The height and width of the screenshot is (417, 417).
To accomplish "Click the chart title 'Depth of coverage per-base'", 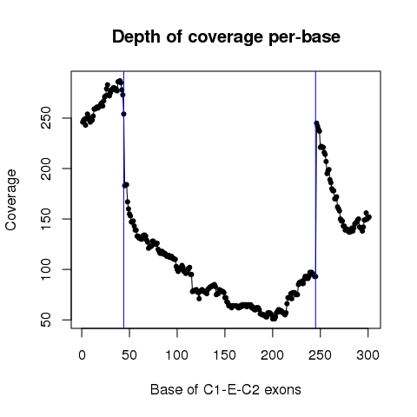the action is point(226,37).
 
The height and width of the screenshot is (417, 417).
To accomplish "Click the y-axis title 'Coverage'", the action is point(10,200).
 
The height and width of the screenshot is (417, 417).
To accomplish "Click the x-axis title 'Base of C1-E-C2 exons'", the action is point(226,389).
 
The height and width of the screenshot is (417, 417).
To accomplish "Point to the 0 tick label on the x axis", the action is point(82,355).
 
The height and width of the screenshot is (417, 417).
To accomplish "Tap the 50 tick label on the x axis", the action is point(129,355).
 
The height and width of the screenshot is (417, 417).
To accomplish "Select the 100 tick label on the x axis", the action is point(177,355).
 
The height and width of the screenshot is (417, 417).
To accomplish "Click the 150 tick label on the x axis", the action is point(225,355).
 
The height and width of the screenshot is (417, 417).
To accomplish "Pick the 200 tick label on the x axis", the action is point(272,355).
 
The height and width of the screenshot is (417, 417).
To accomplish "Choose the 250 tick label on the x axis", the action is point(320,355).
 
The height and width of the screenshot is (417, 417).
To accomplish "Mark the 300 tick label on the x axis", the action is point(367,355).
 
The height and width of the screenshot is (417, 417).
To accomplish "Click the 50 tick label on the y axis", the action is point(46,320).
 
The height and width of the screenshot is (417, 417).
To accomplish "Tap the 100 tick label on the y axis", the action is point(46,269).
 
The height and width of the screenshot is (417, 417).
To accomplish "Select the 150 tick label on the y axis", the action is point(46,219).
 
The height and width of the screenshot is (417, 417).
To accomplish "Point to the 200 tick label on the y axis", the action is point(46,169).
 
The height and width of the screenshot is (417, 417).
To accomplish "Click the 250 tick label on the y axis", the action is point(46,118).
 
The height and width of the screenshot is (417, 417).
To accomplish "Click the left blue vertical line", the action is point(123,200).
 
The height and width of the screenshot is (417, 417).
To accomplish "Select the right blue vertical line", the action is point(315,200).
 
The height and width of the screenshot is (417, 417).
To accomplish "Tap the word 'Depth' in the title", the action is point(136,37).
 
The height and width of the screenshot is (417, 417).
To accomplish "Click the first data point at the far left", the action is point(83,122).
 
